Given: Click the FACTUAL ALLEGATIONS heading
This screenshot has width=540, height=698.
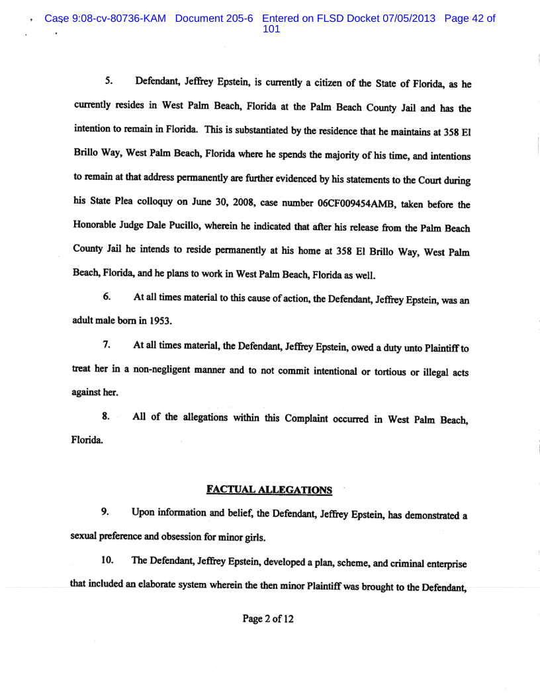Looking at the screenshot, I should (269, 490).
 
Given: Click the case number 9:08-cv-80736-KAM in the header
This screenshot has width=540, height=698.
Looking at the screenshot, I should (107, 19).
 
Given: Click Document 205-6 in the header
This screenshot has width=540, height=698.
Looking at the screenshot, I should (216, 19).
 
